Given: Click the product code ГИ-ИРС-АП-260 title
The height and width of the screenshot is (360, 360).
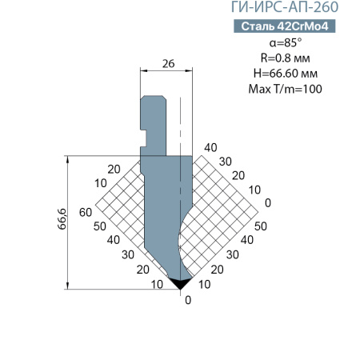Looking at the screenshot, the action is pyautogui.click(x=285, y=6).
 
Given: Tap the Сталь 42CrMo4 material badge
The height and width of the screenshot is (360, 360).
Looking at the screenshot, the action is pyautogui.click(x=285, y=26).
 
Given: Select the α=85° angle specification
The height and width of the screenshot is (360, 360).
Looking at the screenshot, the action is pyautogui.click(x=286, y=42).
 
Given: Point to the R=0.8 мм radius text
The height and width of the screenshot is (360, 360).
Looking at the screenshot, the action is pyautogui.click(x=286, y=58).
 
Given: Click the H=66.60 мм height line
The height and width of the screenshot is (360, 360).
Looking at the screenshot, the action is pyautogui.click(x=286, y=74).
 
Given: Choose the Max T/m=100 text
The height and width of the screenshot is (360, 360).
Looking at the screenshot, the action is pyautogui.click(x=286, y=89).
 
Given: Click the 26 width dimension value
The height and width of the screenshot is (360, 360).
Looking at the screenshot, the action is pyautogui.click(x=168, y=64).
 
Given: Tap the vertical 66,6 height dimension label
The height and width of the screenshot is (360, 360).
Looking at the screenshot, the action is pyautogui.click(x=62, y=218).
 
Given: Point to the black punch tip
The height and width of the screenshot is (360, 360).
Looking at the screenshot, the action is pyautogui.click(x=181, y=283).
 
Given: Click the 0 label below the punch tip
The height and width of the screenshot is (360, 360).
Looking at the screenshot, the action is pyautogui.click(x=188, y=300).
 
